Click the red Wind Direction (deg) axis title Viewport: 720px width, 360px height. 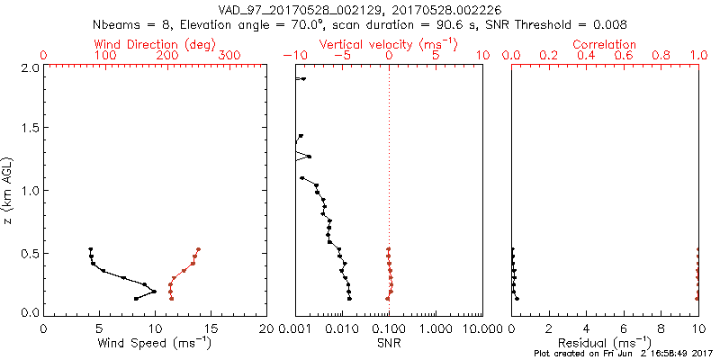click(156, 44)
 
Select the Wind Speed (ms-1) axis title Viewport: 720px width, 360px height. click(156, 342)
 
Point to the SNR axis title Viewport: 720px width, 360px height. click(389, 342)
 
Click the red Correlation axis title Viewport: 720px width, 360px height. click(605, 44)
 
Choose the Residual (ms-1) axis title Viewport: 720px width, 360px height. click(605, 342)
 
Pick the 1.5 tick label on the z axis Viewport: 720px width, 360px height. click(30, 129)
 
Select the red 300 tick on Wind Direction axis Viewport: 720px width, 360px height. click(229, 56)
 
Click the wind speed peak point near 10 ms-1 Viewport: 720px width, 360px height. click(154, 292)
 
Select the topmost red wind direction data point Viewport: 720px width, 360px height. click(198, 249)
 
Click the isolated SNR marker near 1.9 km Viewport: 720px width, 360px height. click(303, 79)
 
